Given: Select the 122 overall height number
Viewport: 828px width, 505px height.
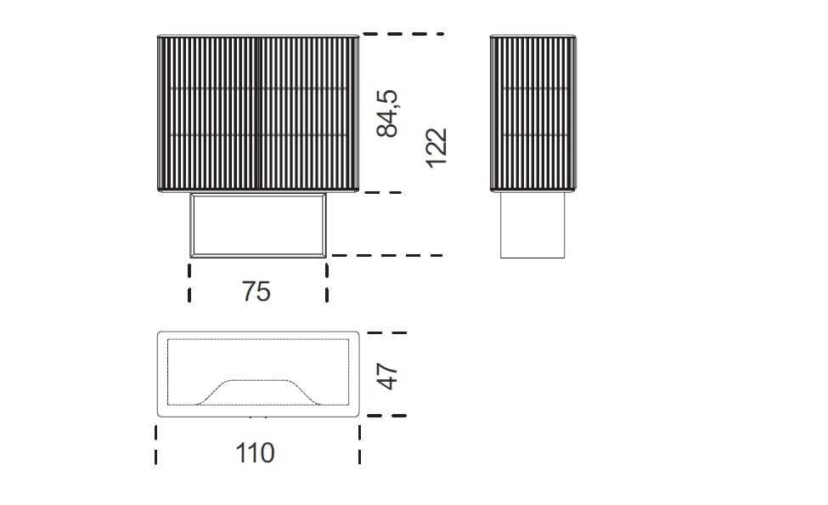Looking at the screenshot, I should click(x=435, y=146).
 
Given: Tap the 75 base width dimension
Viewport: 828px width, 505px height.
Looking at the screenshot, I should click(x=256, y=291).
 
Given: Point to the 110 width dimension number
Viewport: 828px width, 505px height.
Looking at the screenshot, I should click(x=256, y=452).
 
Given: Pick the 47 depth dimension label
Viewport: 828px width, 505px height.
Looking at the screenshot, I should click(x=388, y=375).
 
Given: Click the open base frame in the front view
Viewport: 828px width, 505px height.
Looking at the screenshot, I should click(x=258, y=224).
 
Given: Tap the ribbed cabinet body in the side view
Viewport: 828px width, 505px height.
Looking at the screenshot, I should click(x=533, y=112).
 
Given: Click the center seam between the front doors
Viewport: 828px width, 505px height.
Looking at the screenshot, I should click(x=258, y=112).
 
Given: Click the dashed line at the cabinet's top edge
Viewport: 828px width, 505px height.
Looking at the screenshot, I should click(x=403, y=34).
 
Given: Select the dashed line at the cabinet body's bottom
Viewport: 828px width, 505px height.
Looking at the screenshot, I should click(x=382, y=192).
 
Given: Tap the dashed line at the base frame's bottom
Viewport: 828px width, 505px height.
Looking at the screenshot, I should click(x=386, y=254).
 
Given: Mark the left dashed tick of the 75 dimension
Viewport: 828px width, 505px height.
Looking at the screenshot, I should click(x=189, y=281).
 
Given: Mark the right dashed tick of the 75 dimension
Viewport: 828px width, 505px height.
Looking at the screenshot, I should click(x=327, y=281).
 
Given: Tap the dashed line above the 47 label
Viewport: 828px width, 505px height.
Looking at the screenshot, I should click(x=386, y=332).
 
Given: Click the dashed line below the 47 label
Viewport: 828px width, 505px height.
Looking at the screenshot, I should click(x=386, y=416).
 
